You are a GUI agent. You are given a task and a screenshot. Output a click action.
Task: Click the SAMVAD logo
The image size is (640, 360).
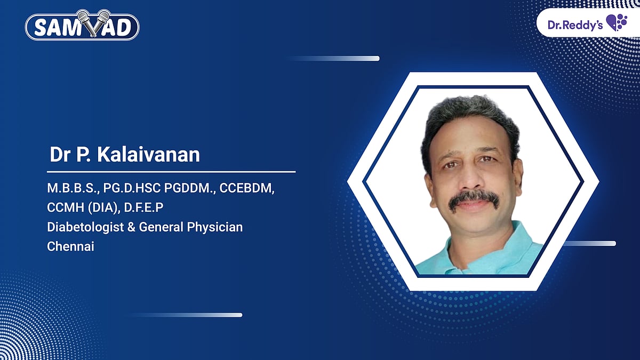tap(82, 27)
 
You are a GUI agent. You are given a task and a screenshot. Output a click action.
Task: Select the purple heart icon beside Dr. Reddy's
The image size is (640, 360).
tap(617, 23)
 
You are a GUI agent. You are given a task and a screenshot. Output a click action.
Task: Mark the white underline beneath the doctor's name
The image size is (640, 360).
tap(171, 172)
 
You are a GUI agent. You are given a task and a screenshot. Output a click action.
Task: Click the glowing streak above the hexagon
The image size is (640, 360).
tap(341, 58)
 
